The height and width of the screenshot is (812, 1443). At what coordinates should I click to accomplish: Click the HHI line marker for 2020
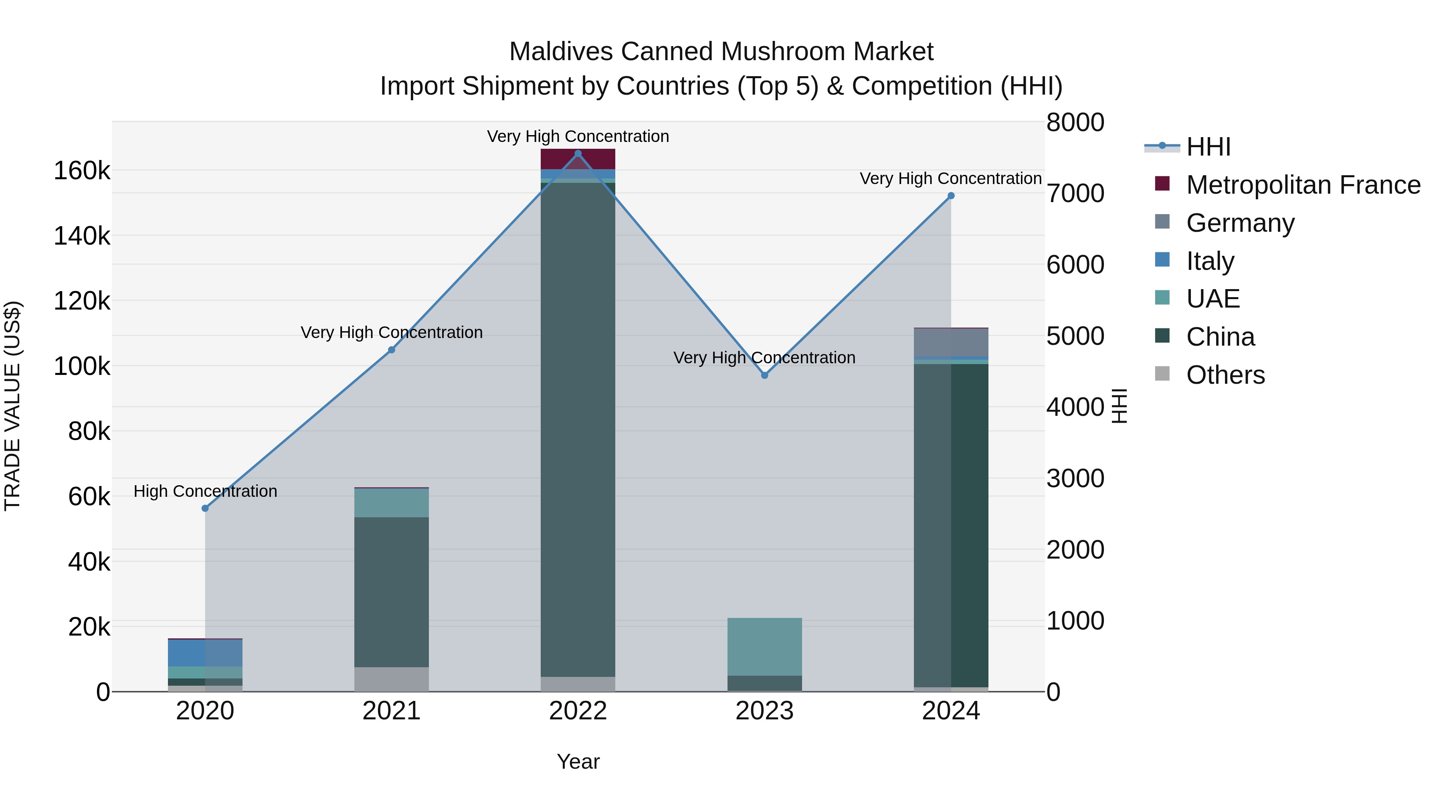tap(205, 508)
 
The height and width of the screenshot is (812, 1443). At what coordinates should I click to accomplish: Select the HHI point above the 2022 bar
tap(578, 154)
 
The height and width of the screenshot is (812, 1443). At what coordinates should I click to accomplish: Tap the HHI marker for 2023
tap(765, 375)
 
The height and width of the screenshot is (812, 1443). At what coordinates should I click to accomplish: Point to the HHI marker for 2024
tap(951, 196)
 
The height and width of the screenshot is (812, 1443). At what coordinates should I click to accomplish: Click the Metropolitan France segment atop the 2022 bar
tap(578, 159)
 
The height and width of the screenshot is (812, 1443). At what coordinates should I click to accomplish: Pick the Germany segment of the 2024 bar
tap(951, 342)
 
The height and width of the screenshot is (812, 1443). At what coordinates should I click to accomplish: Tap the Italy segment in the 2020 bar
tap(205, 653)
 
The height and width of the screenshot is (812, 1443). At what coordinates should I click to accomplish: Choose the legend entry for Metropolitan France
tap(1303, 184)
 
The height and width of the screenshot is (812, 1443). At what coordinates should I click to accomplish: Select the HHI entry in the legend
tap(1208, 147)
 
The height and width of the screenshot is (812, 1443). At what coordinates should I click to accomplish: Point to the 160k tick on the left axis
tap(82, 170)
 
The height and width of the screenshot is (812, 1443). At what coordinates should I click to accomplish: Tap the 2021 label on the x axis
tap(392, 711)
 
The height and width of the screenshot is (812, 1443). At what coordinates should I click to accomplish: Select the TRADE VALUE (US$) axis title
tap(13, 406)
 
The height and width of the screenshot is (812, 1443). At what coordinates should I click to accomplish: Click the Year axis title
tap(578, 761)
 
